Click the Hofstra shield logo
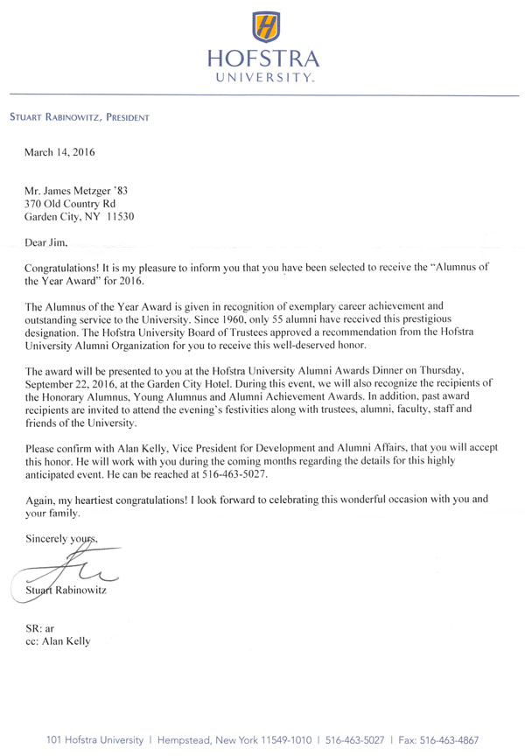point(264,28)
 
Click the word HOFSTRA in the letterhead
point(264,59)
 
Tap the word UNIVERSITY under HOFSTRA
point(264,78)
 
